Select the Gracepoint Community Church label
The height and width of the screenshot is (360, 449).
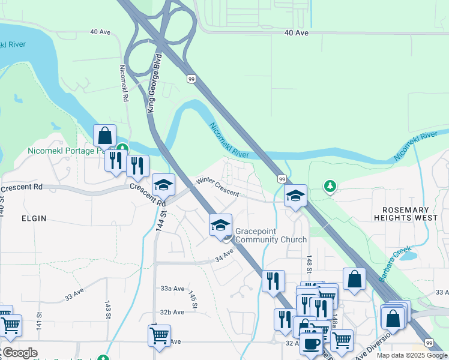tap(271, 235)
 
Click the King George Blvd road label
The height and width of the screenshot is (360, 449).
tap(155, 85)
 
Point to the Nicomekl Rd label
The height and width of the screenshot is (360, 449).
tap(124, 83)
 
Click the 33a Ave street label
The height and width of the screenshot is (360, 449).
tap(172, 289)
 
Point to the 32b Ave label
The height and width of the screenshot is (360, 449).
tap(172, 312)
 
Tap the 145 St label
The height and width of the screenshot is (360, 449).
tap(193, 301)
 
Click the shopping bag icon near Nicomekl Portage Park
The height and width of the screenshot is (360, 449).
tap(105, 136)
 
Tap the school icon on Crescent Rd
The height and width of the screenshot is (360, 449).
tap(163, 185)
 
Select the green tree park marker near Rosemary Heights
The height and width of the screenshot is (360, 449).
tap(330, 187)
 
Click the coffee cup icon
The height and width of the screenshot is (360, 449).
tap(312, 344)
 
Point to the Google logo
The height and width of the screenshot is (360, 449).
tap(19, 353)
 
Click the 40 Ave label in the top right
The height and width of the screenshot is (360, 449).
tap(297, 33)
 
